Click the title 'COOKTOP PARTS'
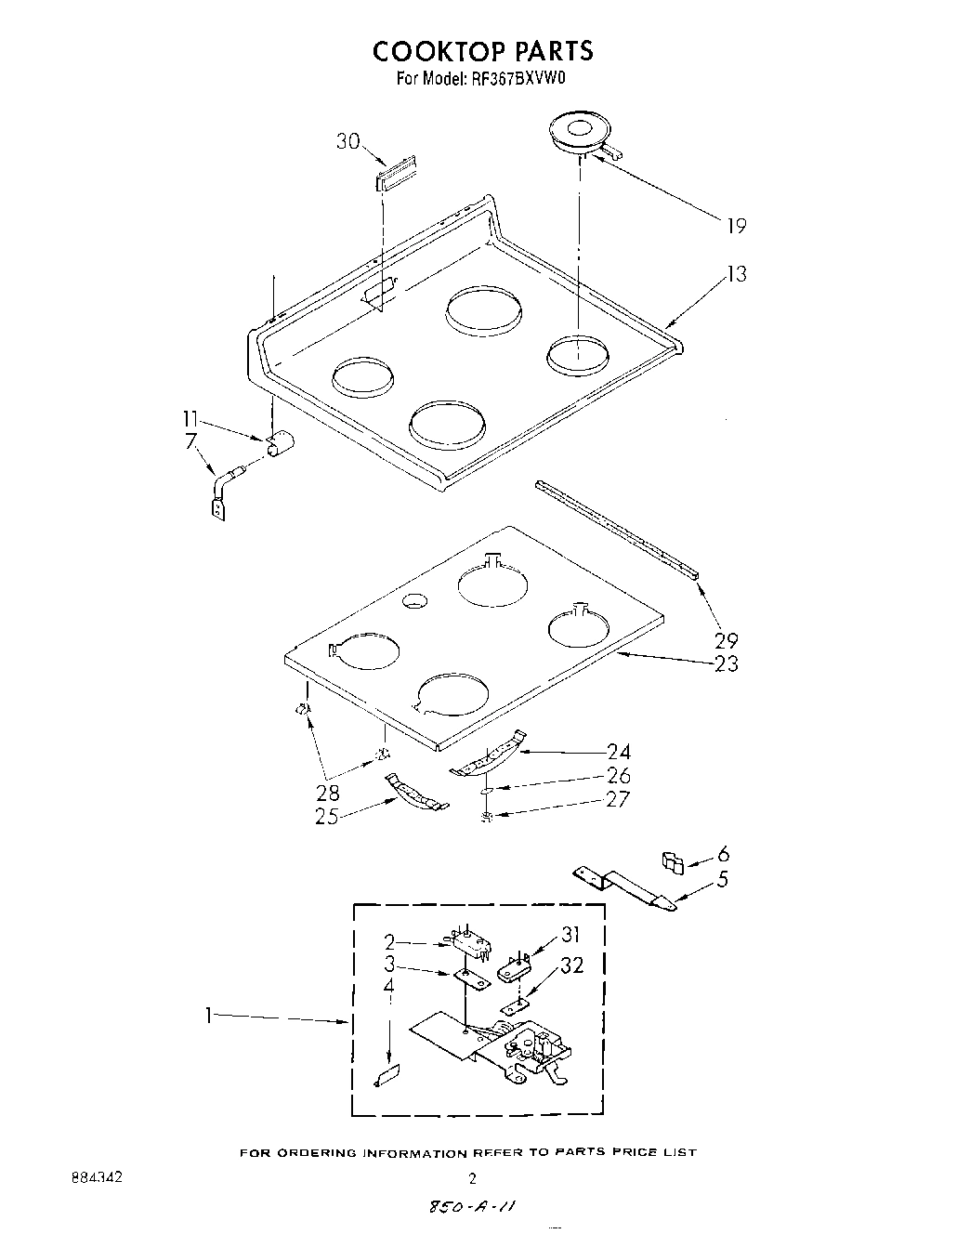tap(482, 49)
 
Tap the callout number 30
tap(347, 141)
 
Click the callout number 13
tap(735, 274)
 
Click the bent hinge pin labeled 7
tap(222, 491)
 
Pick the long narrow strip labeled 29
tap(618, 526)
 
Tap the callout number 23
tap(726, 663)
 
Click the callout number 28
tap(327, 793)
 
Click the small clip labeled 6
tap(673, 862)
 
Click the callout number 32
tap(572, 965)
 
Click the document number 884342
tap(98, 1177)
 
